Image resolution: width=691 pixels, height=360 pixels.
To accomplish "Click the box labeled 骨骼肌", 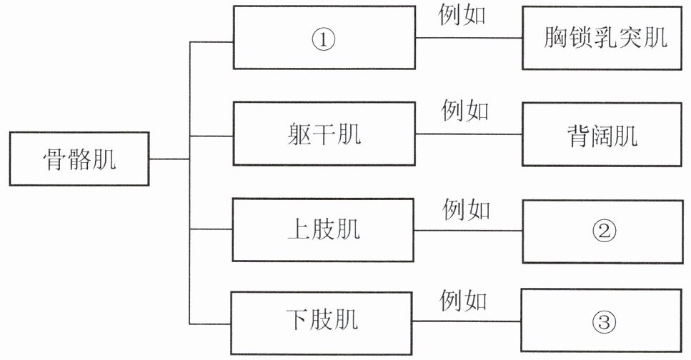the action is tap(79, 159).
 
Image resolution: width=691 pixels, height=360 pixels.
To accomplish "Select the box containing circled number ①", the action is tap(324, 37).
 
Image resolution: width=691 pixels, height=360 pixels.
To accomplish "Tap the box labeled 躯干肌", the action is tap(324, 134).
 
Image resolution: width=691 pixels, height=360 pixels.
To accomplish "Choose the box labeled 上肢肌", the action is tap(323, 230).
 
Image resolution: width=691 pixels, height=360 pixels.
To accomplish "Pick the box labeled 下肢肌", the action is tap(322, 323).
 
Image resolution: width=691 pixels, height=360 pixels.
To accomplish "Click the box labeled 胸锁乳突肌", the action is tap(602, 38).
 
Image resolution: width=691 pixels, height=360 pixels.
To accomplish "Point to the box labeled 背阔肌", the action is tap(602, 134).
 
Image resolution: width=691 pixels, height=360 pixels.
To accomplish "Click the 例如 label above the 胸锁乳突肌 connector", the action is tap(462, 15).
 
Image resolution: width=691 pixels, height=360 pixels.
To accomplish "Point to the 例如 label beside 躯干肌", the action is tap(465, 110).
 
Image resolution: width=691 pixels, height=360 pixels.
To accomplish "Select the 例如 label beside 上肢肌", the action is tap(466, 209).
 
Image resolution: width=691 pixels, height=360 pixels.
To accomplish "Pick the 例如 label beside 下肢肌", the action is tap(463, 301).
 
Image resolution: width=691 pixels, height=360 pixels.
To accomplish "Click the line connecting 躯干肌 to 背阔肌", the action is tap(469, 134).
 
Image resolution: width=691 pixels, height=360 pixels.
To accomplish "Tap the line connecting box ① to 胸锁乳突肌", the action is tap(469, 37).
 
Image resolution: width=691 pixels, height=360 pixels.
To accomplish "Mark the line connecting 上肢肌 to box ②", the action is tap(469, 230).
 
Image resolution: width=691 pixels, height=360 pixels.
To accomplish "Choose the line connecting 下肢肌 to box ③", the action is tap(467, 321).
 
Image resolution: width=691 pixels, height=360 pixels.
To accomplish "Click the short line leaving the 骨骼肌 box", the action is tap(169, 159).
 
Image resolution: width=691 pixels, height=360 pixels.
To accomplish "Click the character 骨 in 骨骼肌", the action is tap(55, 159).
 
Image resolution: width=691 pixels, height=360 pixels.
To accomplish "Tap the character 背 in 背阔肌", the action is tap(578, 135).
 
